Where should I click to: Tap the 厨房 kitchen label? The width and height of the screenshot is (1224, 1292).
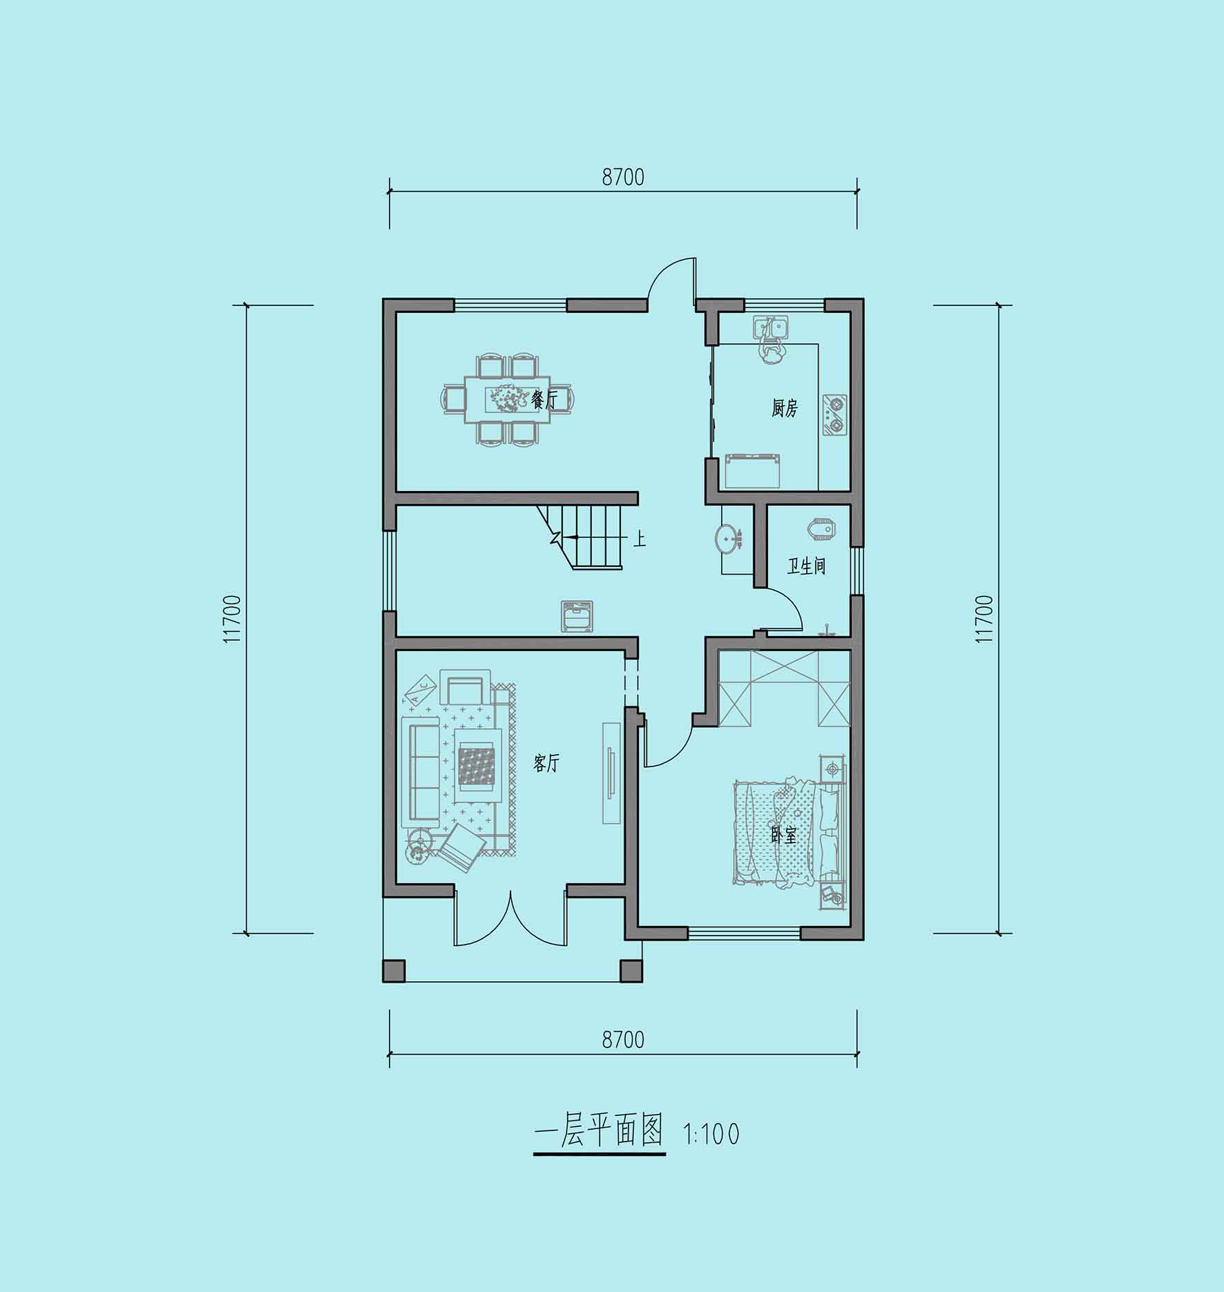click(x=784, y=409)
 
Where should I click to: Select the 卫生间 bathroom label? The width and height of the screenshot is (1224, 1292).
click(x=806, y=567)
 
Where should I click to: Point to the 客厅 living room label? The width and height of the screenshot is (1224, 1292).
click(x=546, y=764)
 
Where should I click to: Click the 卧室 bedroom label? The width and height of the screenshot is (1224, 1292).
click(x=783, y=836)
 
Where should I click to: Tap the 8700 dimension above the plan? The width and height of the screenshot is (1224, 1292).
click(x=623, y=177)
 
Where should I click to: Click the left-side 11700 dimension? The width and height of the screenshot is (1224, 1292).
click(x=232, y=619)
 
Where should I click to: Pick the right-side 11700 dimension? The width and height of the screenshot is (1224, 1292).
click(x=984, y=619)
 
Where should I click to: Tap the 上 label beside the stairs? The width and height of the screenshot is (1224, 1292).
click(x=639, y=538)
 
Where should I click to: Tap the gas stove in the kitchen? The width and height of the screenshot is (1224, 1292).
click(x=834, y=415)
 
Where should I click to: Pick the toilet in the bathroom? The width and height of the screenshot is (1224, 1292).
click(x=819, y=530)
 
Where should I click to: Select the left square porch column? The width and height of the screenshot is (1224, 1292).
click(x=394, y=970)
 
